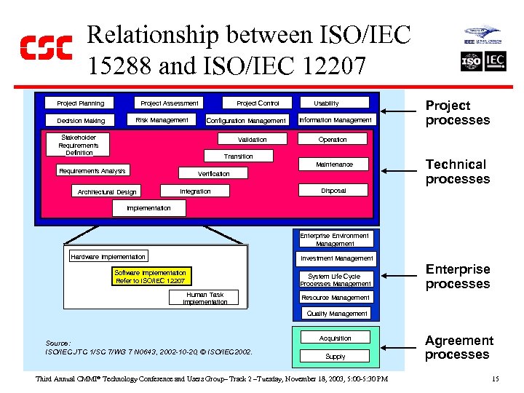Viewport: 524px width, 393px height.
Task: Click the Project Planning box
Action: [81, 103]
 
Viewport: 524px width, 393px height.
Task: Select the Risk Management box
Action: [162, 120]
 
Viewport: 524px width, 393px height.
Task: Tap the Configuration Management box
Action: [246, 121]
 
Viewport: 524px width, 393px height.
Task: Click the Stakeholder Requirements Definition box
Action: [79, 145]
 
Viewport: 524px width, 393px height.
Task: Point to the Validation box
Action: [253, 139]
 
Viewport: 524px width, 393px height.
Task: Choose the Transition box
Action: [239, 156]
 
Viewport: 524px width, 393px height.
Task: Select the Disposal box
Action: [334, 191]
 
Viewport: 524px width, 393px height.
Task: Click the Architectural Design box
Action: [107, 192]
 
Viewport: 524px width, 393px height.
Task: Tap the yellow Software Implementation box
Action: [151, 277]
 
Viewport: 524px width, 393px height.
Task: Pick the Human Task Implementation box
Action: [205, 298]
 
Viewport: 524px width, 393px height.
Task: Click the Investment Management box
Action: [337, 258]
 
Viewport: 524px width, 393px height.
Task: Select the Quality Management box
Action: [337, 314]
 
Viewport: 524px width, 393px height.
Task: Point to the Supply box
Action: [336, 357]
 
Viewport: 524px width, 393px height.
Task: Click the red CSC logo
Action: [46, 47]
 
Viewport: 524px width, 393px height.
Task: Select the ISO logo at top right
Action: [472, 62]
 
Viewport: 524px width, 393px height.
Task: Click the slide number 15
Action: [495, 378]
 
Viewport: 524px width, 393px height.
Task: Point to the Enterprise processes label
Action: [458, 277]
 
